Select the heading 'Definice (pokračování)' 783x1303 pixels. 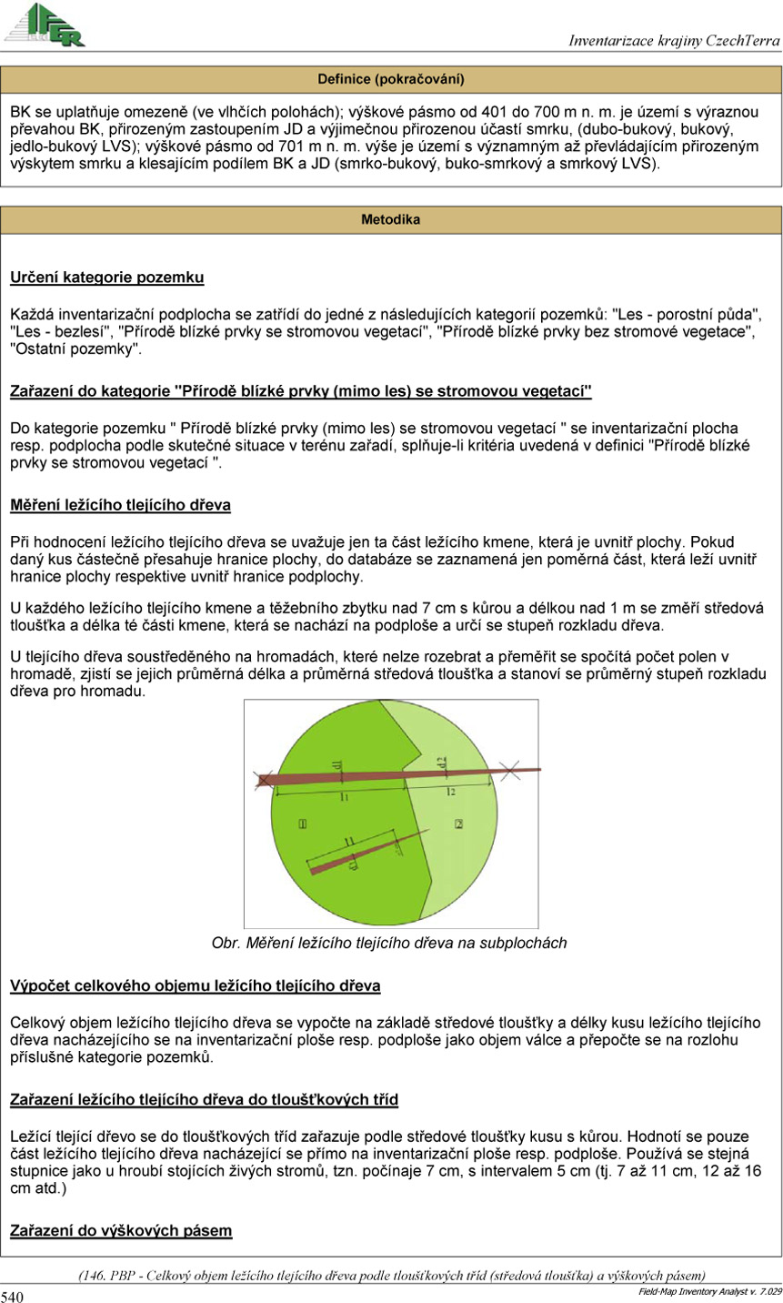tap(391, 79)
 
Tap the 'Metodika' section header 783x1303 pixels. tap(391, 219)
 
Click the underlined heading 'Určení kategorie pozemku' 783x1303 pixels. tap(106, 277)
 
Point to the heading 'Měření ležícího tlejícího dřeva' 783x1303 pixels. tap(120, 505)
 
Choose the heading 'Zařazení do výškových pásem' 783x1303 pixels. tap(121, 1231)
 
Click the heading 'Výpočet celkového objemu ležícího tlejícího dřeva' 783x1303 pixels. tap(195, 986)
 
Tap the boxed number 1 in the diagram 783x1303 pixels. tap(301, 823)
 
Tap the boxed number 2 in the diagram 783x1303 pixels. tap(459, 823)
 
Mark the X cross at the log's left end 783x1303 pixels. tap(263, 780)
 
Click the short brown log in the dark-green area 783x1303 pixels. tap(364, 853)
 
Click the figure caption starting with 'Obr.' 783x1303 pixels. tap(389, 944)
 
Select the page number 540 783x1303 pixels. tap(13, 1296)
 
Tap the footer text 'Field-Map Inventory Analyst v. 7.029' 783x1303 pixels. tap(708, 1291)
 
